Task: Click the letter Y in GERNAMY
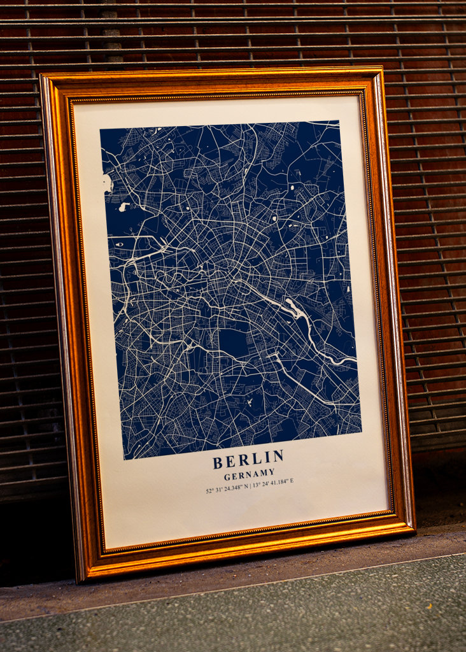coord(271,472)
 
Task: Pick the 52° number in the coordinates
coord(209,491)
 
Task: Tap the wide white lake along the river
coord(294,309)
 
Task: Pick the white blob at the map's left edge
coord(107,183)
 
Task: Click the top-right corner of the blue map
coord(339,120)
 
